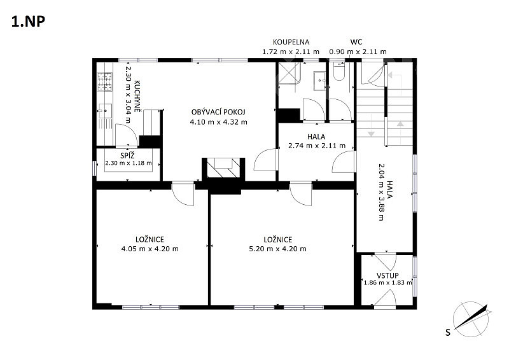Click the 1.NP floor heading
(x=28, y=22)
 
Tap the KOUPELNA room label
(x=291, y=42)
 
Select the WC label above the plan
(x=356, y=42)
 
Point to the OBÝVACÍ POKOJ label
(x=218, y=112)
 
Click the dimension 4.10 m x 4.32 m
(x=218, y=122)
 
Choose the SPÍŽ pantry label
(x=127, y=155)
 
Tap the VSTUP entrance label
(x=387, y=275)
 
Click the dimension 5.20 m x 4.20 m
(x=277, y=249)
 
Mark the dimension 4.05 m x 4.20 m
(x=150, y=249)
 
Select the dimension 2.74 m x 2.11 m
(x=316, y=146)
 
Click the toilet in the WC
(x=339, y=72)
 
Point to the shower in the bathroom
(x=289, y=73)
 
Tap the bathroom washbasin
(x=320, y=79)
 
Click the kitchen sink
(x=105, y=111)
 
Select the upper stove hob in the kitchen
(x=104, y=77)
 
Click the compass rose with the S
(x=471, y=319)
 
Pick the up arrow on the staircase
(x=400, y=123)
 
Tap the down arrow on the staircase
(x=371, y=134)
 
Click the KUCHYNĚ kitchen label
(x=137, y=96)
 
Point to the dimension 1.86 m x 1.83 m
(x=388, y=283)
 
